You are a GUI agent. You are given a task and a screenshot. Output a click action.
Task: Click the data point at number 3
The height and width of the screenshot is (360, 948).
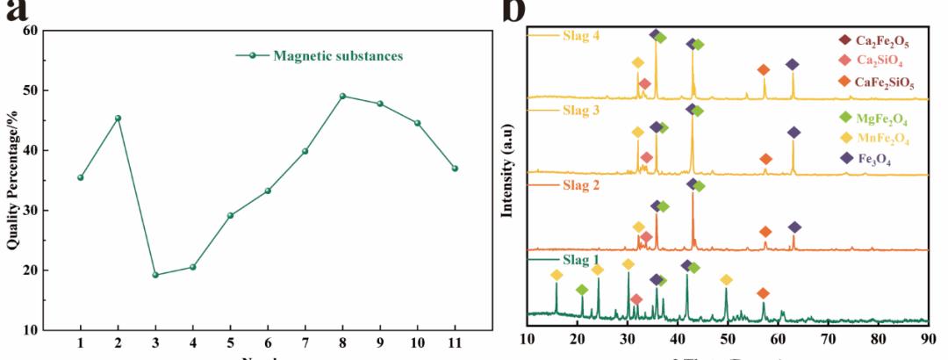[155, 275]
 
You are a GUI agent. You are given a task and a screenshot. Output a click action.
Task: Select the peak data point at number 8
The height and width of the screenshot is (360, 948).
[342, 96]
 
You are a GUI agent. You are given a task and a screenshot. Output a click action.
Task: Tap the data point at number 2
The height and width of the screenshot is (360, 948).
[118, 118]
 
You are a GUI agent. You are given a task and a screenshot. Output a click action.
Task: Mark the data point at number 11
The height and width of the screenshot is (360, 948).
[455, 168]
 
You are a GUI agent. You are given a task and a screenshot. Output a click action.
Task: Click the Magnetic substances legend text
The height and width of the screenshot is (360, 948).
[338, 56]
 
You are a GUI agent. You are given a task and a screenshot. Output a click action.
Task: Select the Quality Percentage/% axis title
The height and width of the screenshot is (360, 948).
[12, 179]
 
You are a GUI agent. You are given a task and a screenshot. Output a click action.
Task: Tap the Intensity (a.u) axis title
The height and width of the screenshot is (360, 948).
[506, 179]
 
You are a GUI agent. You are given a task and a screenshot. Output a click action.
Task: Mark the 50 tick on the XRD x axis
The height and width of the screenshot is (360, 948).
[727, 337]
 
